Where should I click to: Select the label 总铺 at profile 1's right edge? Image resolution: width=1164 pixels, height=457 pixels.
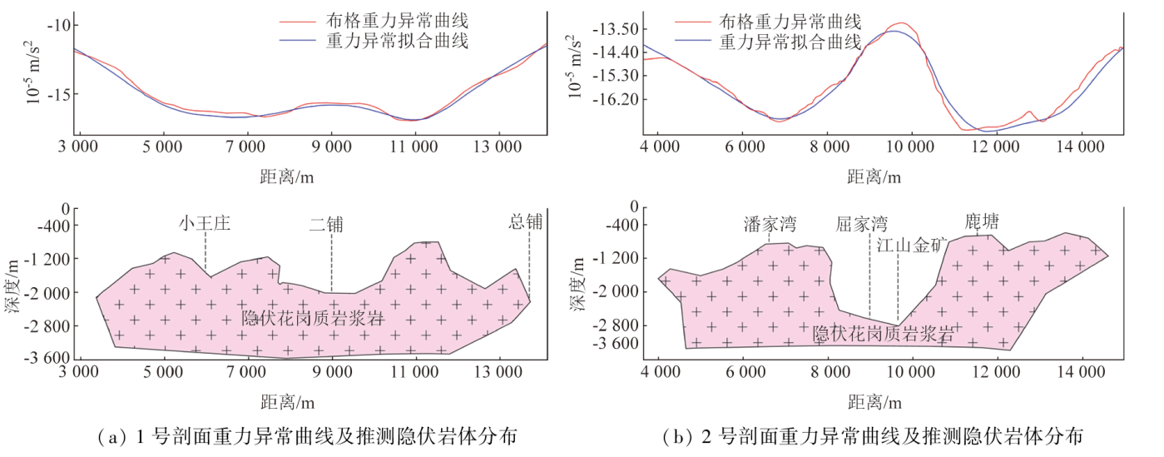point(526,221)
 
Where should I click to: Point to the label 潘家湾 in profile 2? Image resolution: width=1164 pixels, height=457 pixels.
point(770,224)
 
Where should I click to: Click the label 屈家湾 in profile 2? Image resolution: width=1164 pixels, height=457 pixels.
point(862,224)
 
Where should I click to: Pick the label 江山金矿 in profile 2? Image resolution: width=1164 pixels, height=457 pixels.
point(913,245)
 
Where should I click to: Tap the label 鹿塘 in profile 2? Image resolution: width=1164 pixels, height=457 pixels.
point(982,221)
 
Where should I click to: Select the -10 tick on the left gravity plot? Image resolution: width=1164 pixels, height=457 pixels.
point(59,25)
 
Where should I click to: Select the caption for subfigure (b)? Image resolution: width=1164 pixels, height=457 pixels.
point(873,435)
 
